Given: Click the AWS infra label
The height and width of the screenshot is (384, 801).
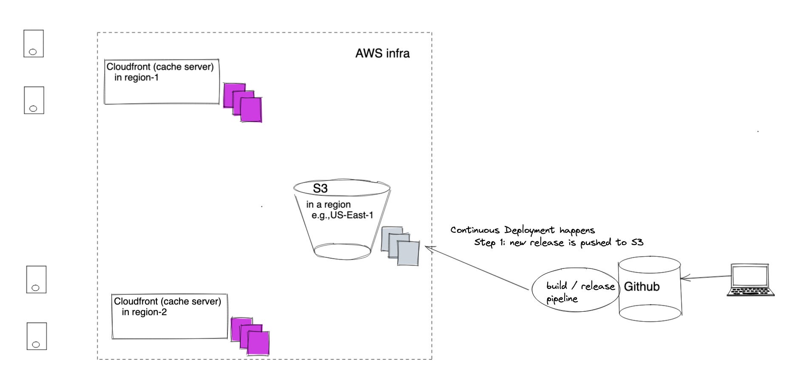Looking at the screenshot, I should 382,54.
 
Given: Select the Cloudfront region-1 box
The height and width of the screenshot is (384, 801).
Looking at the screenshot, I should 162,82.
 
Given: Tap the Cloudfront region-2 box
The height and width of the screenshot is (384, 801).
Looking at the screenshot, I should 169,316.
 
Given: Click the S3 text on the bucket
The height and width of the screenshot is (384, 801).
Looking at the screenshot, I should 320,188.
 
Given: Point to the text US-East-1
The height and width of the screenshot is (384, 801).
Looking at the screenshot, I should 352,215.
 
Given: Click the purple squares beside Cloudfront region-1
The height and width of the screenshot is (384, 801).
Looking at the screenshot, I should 243,102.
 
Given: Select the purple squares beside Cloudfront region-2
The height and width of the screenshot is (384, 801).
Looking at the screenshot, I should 250,336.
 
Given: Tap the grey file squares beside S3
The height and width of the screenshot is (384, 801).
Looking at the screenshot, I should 400,246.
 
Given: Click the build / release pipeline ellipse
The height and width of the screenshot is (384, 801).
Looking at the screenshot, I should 575,290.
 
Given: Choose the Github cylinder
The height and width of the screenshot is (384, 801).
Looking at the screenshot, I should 650,289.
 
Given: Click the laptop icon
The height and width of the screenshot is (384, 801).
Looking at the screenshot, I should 750,280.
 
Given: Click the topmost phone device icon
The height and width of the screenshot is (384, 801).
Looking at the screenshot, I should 34,43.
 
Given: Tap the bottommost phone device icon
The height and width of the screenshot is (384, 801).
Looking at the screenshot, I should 37,336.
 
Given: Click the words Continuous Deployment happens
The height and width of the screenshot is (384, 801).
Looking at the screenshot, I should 523,230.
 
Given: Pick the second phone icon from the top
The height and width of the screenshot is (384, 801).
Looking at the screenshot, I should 34,100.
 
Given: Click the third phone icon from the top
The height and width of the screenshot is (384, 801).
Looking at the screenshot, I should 36,280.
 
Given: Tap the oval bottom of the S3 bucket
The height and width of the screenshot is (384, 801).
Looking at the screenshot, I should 342,251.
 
